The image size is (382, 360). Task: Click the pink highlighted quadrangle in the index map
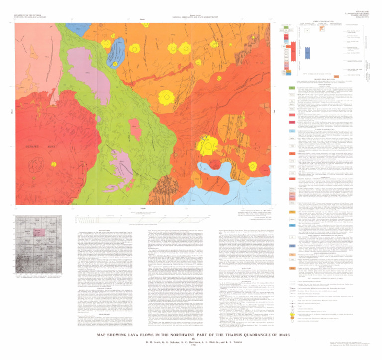(36, 232)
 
